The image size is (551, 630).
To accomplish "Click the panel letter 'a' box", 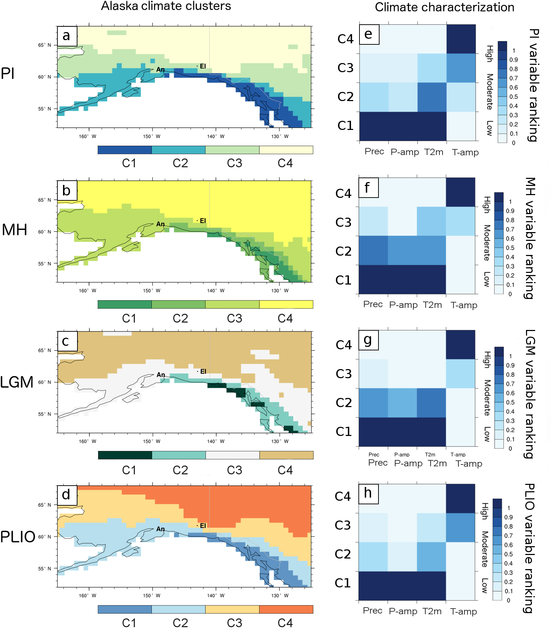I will tap(67, 36).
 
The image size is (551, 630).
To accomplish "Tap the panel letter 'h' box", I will tap(368, 493).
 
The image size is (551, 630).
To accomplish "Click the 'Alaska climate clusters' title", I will tap(166, 6).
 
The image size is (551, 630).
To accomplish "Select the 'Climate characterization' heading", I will tap(444, 7).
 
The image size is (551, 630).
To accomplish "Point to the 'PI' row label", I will tap(8, 74).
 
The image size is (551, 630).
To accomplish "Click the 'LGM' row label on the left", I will tap(17, 382).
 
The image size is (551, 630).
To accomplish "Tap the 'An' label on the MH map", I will tap(161, 224).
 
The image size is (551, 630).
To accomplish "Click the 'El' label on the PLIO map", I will tap(202, 525).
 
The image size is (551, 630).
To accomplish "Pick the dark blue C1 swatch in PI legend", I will tap(125, 150).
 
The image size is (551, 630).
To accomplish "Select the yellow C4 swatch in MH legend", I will tap(286, 304).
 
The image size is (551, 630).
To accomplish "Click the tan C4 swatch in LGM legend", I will tap(286, 455).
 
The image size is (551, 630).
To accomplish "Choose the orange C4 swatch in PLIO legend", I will tap(286, 609).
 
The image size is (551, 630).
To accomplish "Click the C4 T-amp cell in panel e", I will tap(461, 39).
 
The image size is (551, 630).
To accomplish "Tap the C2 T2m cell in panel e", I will tap(432, 97).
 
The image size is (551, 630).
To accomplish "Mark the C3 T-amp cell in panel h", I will tap(461, 527).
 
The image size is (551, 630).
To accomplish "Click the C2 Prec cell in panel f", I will tap(373, 250).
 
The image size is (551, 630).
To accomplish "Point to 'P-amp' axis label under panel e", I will tap(405, 152).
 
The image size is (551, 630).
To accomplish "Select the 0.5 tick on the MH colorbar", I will tap(510, 248).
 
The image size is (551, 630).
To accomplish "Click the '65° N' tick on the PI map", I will tap(44, 45).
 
